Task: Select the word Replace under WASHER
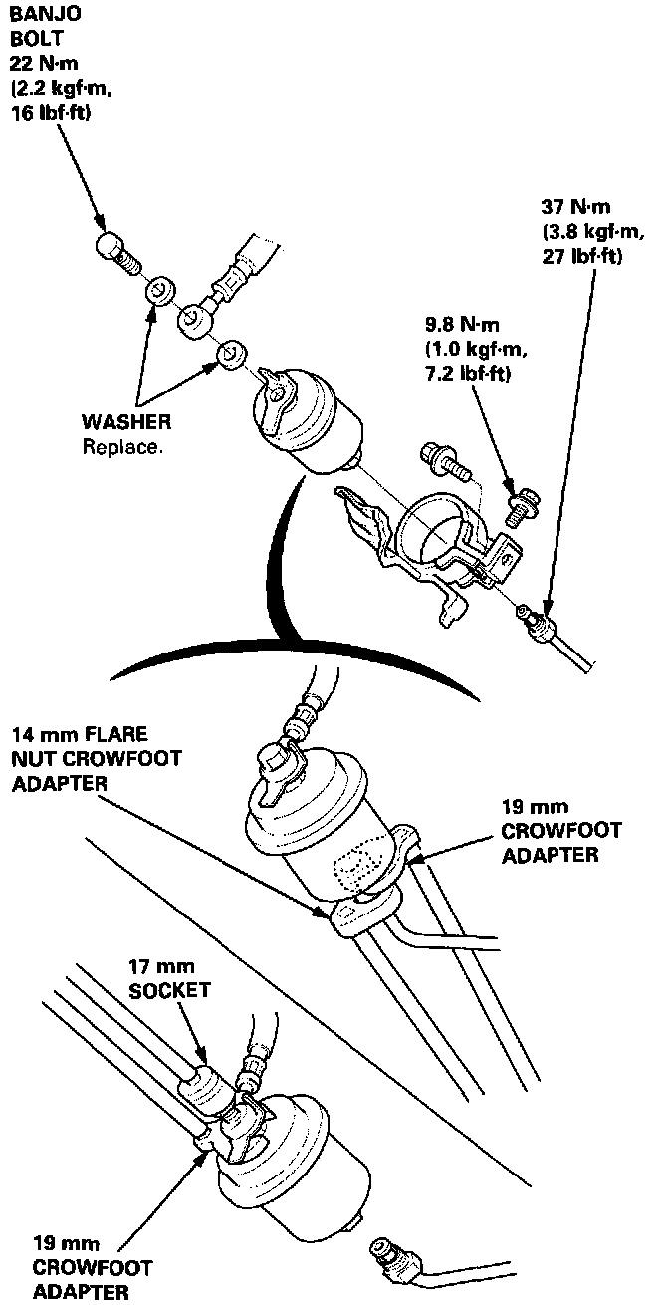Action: coord(120,447)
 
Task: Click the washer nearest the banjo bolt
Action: coord(159,292)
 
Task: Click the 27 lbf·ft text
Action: coord(582,257)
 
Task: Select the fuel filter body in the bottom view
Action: coord(294,1171)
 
